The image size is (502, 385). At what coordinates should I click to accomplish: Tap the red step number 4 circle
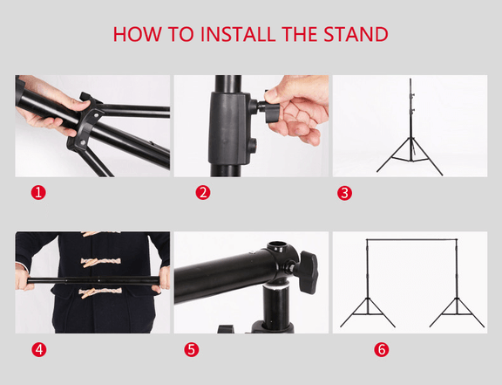click(x=37, y=349)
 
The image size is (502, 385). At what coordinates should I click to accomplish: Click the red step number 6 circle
click(x=381, y=349)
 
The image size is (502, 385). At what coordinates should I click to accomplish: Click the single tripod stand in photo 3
click(x=410, y=131)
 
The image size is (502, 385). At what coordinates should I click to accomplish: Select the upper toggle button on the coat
click(x=92, y=259)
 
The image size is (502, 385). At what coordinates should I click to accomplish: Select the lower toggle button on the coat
click(x=92, y=292)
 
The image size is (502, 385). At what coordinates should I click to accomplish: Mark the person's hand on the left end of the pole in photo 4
click(x=24, y=278)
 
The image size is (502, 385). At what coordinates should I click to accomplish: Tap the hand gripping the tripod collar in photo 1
click(x=48, y=109)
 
